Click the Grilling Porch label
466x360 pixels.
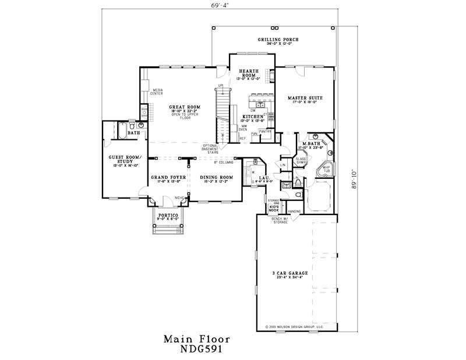point(278,40)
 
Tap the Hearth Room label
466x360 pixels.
point(250,73)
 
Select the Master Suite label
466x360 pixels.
point(305,98)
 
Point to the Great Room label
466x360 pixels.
point(185,107)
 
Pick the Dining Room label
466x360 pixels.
point(216,177)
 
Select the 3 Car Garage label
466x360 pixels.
point(290,273)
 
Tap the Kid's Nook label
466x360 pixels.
point(274,207)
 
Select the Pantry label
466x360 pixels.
point(266,131)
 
